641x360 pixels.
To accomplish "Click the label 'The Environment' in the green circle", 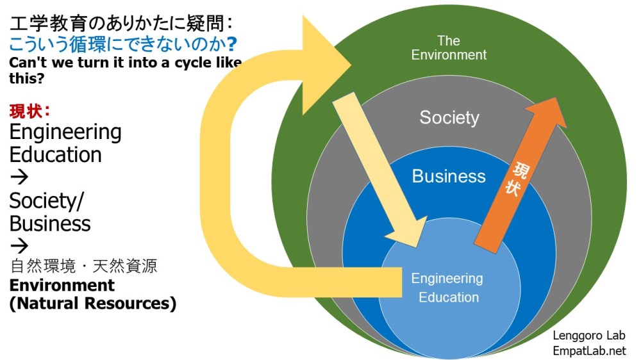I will click(449, 48).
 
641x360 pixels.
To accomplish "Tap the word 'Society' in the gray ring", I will click(449, 118).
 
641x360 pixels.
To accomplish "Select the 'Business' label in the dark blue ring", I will click(449, 176).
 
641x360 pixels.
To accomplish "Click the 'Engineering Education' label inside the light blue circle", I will click(447, 288).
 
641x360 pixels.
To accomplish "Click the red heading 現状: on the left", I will click(29, 110).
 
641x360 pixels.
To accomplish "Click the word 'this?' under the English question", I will click(25, 78).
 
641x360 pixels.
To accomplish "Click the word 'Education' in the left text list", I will click(55, 154).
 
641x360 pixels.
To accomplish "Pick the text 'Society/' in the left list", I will click(46, 201).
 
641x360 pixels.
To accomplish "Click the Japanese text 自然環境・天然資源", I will click(83, 266).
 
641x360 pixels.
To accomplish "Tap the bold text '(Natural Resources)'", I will click(93, 303).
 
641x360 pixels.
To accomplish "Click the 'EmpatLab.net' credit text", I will click(588, 350).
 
